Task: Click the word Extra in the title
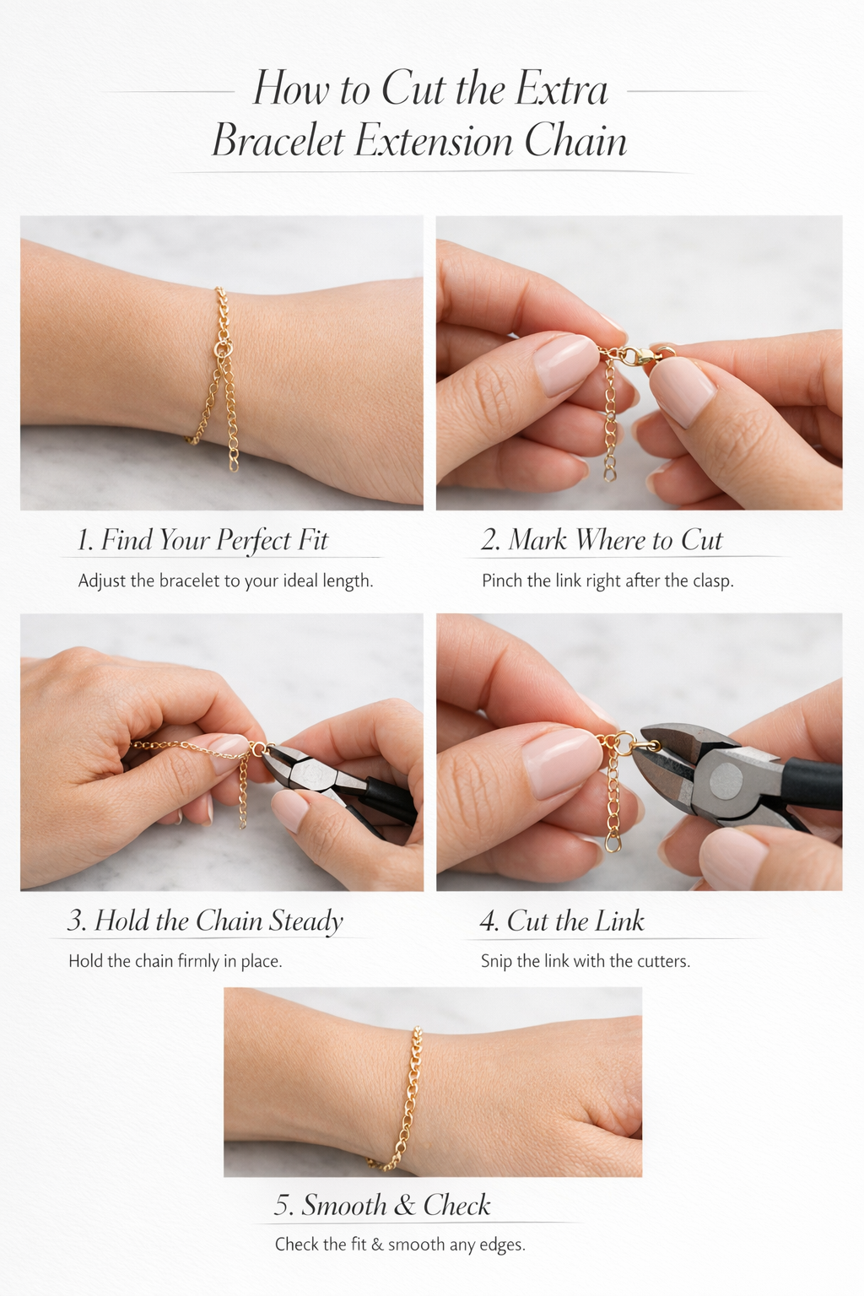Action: click(x=561, y=89)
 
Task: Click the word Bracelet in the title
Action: click(x=278, y=141)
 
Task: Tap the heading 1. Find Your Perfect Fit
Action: click(x=202, y=540)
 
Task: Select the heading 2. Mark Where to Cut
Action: click(x=602, y=540)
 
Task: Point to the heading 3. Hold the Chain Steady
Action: click(x=205, y=921)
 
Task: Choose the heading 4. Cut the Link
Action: click(x=562, y=921)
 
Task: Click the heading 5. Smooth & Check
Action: click(x=382, y=1205)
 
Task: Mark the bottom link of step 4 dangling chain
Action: click(x=613, y=842)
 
